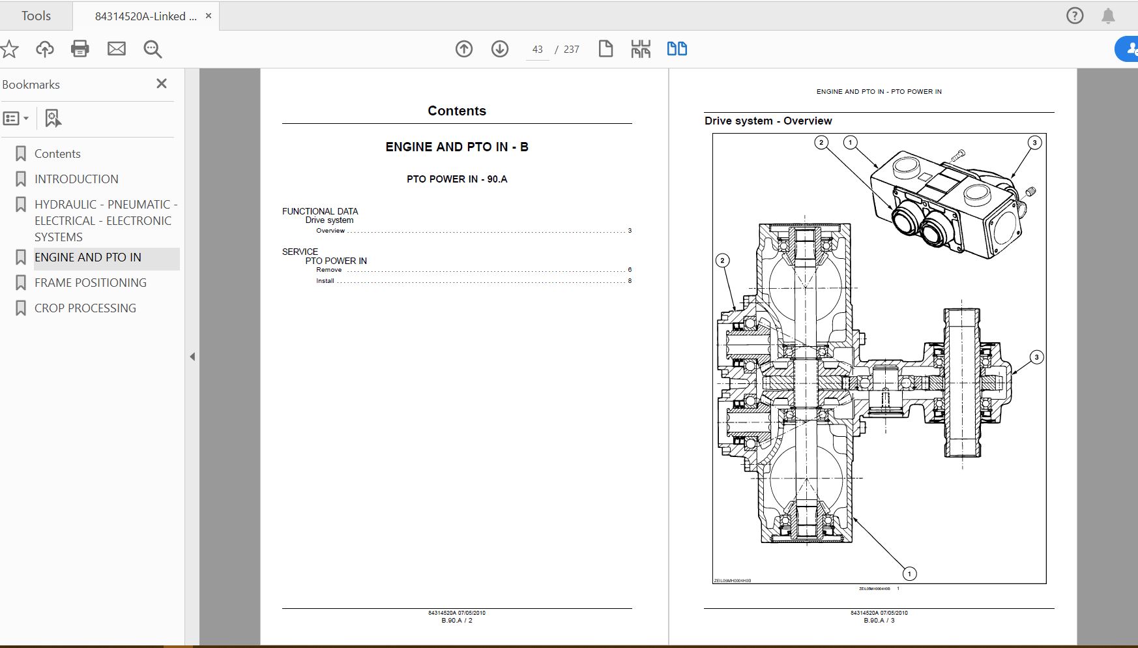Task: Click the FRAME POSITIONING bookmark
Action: coord(90,283)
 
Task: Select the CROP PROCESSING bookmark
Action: coord(85,308)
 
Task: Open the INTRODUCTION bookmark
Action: coord(76,179)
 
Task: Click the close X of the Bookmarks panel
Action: coord(162,83)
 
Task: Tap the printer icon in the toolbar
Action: coord(80,49)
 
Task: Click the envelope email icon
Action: coord(117,49)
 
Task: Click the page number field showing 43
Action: coord(537,50)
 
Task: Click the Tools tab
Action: coord(36,16)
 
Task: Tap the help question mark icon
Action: coord(1075,16)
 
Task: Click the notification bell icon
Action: coord(1108,16)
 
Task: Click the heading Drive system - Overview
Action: coord(768,121)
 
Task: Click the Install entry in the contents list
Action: coord(325,281)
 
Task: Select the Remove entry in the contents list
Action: coord(328,270)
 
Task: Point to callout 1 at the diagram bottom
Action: coord(909,574)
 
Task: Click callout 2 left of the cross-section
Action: coord(722,261)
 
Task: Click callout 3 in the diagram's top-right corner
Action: coord(1034,143)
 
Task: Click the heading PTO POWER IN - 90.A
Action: coord(456,179)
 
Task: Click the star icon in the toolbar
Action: coord(9,49)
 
